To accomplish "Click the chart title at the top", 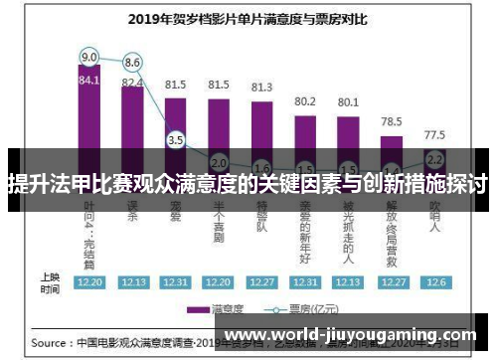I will click(x=248, y=17).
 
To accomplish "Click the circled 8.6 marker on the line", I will click(x=132, y=63).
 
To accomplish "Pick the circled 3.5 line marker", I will click(x=175, y=140).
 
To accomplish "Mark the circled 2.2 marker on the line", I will click(x=434, y=158).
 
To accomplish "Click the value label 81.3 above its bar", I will click(x=262, y=88).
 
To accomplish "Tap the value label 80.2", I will click(x=305, y=101).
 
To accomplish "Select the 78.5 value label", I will click(x=392, y=121).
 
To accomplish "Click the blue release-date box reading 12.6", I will click(x=434, y=282).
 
